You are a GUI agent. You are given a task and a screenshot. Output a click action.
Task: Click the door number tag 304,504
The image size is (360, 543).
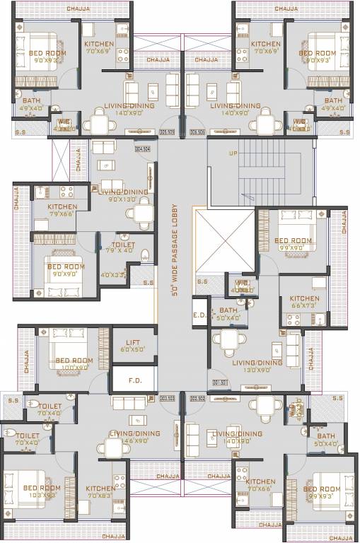[143, 148]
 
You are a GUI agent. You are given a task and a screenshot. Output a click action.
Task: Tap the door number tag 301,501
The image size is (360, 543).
[220, 383]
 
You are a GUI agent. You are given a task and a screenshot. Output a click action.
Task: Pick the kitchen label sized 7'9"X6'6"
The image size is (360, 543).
[62, 210]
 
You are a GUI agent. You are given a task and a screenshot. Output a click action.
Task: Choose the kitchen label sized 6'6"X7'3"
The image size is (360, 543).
[305, 302]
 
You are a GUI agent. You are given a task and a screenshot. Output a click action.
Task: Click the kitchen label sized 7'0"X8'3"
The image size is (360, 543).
[100, 492]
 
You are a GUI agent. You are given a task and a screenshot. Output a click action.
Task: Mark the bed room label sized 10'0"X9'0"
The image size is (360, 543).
[74, 363]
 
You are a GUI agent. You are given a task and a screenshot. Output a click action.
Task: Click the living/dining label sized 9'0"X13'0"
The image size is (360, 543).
[123, 195]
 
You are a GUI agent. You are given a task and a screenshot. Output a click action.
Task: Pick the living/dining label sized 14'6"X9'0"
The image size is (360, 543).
[129, 436]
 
